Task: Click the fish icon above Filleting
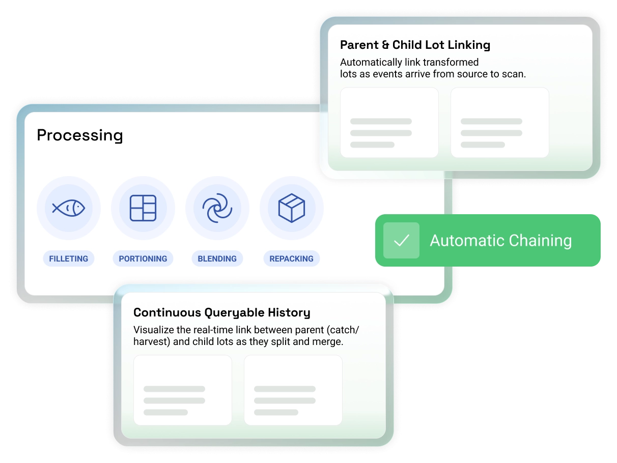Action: [69, 208]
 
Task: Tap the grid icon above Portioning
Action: [143, 208]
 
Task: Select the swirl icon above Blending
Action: [217, 208]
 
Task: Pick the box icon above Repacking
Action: [292, 208]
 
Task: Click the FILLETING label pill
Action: [69, 258]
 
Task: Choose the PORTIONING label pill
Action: [143, 258]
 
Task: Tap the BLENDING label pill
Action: [217, 258]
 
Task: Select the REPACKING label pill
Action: [292, 258]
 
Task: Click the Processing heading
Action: [80, 135]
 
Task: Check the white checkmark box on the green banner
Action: [401, 240]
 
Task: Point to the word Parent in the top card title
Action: [359, 45]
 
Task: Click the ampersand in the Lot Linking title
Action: [385, 45]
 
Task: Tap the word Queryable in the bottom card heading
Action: [234, 313]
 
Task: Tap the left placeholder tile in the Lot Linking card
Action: [389, 123]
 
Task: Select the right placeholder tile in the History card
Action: [293, 390]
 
